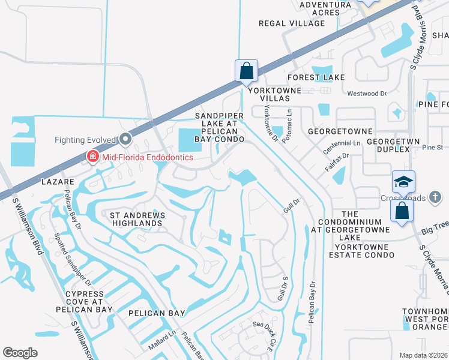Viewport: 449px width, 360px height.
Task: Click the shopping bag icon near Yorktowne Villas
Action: click(246, 70)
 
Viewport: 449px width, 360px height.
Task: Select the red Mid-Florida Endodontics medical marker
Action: click(92, 157)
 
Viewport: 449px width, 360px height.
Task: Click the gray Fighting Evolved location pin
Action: click(125, 140)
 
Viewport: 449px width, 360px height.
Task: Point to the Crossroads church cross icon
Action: click(436, 197)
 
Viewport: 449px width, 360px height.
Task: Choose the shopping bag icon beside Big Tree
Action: click(402, 211)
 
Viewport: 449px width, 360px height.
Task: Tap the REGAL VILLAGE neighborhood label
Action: click(291, 23)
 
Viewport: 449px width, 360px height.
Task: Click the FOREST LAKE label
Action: click(316, 77)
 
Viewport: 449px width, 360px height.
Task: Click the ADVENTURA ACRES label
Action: click(325, 8)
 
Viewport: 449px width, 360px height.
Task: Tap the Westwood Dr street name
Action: click(367, 94)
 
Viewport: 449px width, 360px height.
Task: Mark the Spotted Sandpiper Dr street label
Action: click(73, 259)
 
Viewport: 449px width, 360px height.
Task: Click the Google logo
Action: click(20, 352)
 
